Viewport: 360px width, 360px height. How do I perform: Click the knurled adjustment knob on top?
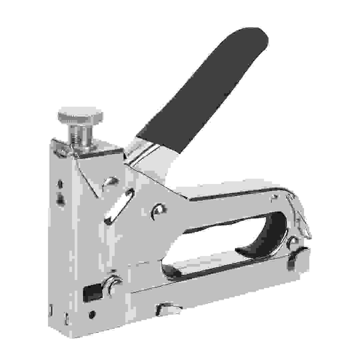(80, 115)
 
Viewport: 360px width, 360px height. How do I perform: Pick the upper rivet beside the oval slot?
(111, 181)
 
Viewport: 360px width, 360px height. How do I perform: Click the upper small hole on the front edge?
(60, 183)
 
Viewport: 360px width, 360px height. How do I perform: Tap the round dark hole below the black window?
(92, 314)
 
